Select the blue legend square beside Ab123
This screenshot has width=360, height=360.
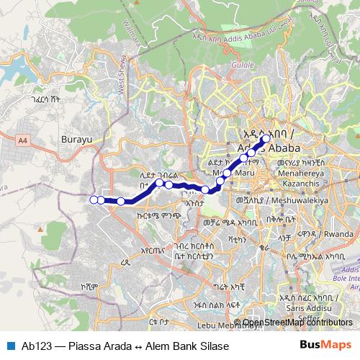tap(9, 346)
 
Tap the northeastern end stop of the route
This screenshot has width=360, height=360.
tap(266, 139)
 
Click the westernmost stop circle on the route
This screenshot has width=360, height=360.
tap(93, 199)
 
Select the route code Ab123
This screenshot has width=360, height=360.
tap(35, 346)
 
